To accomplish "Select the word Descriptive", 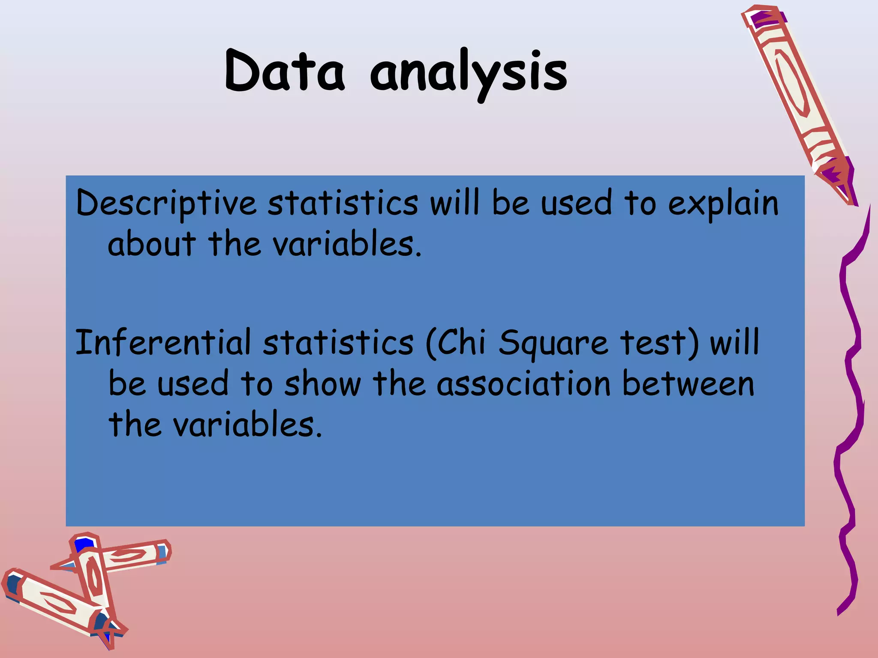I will coord(166,203).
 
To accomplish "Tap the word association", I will coord(523,383).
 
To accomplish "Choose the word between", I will coord(688,383).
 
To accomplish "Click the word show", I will coord(322,383).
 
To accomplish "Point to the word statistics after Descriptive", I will coord(343,203).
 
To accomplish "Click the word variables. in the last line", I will coord(247,425).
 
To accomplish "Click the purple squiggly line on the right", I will coord(851,386).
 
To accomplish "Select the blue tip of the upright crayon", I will coord(84,545).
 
